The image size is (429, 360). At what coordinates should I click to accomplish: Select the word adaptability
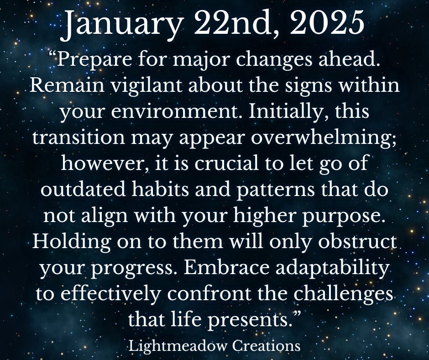coord(332,269)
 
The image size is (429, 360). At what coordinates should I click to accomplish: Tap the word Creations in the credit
coord(267,346)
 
